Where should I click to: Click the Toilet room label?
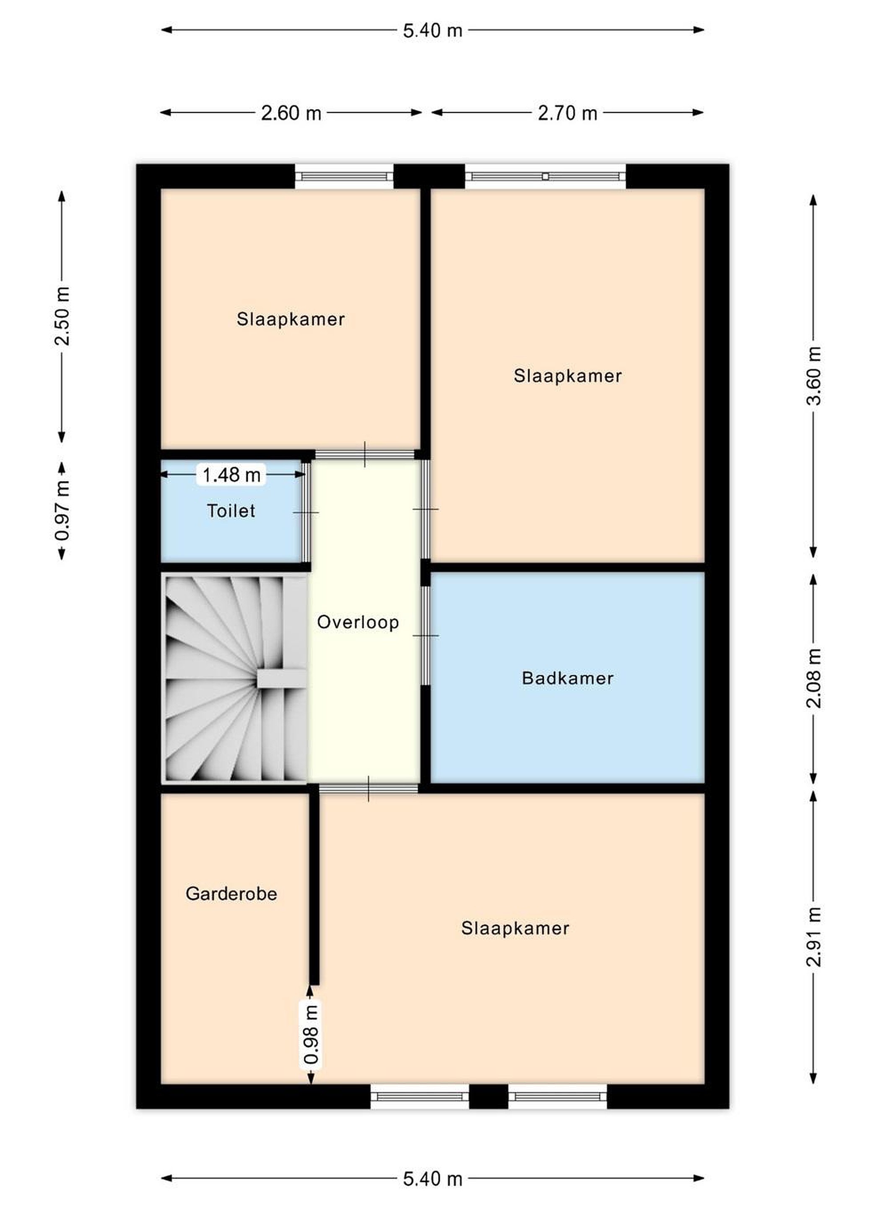tap(231, 511)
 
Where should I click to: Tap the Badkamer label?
tap(567, 678)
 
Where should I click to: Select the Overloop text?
tap(358, 622)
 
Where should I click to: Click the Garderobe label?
tap(231, 893)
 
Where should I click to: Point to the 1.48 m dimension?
tap(231, 474)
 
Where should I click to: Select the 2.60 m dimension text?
tap(291, 113)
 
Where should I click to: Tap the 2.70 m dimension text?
tap(567, 113)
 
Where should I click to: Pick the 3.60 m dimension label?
tap(813, 375)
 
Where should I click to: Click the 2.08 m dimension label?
tap(813, 678)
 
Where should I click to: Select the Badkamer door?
tap(425, 635)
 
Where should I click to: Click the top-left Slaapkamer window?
tap(344, 176)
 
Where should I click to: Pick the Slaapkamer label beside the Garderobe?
tap(515, 928)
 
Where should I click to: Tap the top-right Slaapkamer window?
tap(545, 176)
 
